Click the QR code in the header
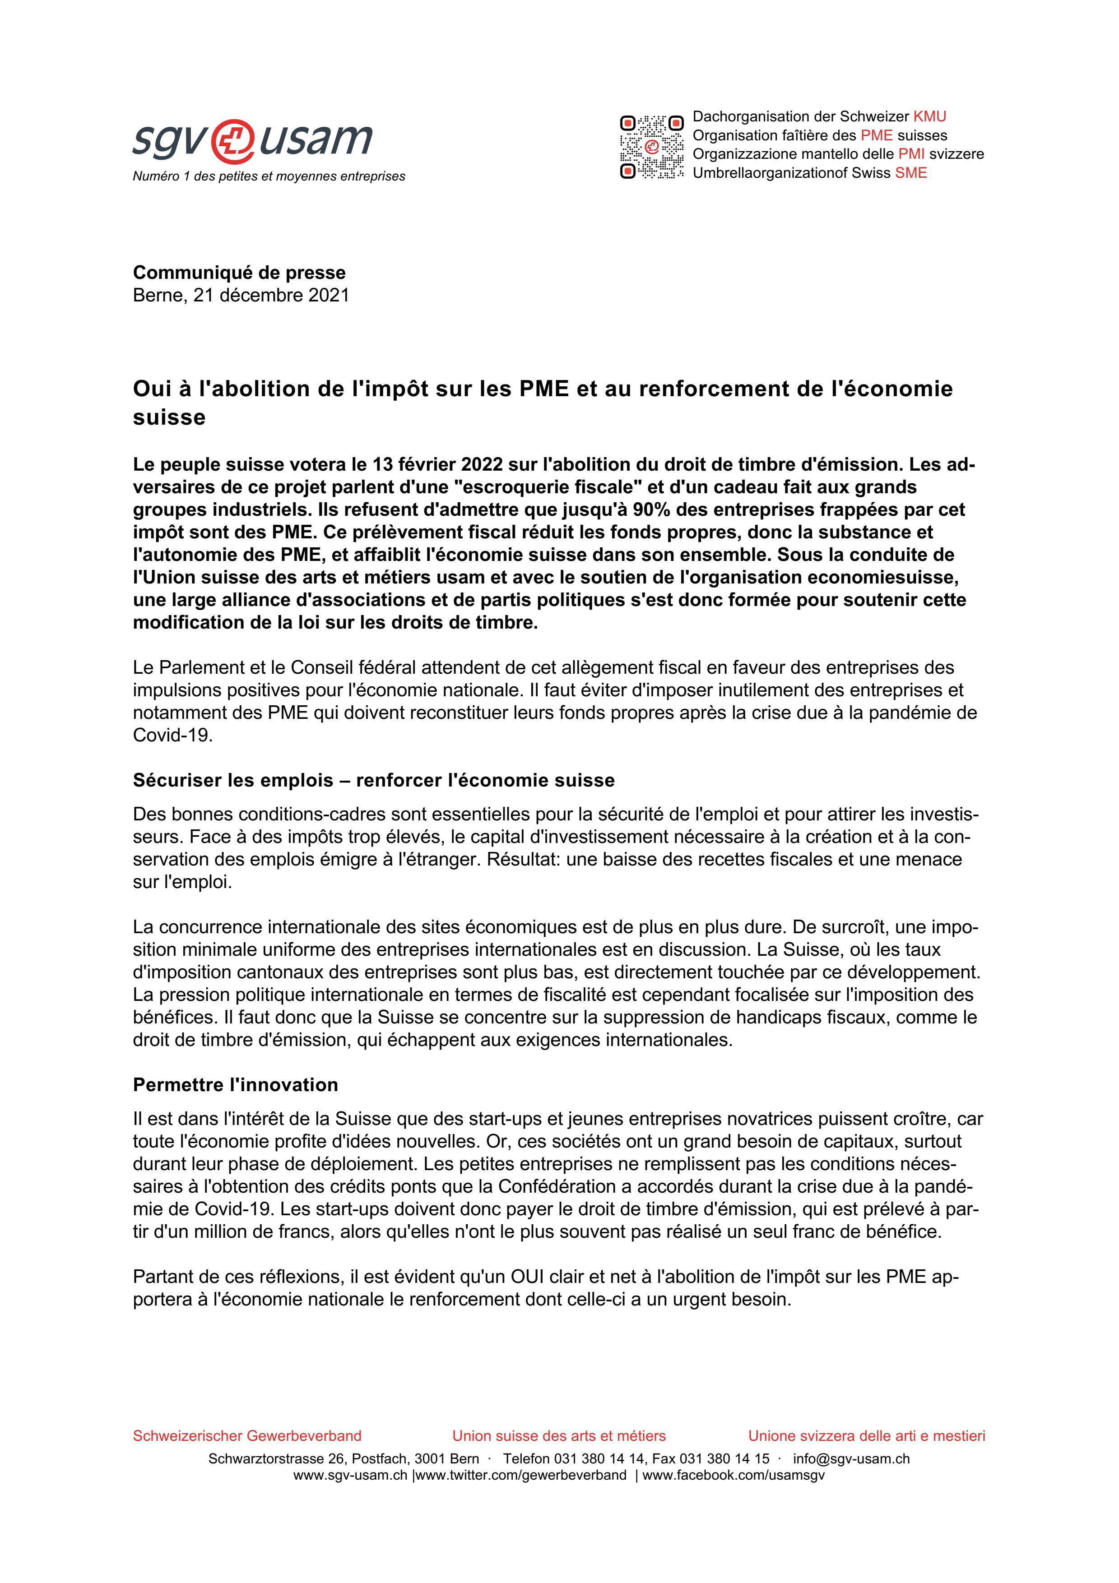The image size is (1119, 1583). (651, 147)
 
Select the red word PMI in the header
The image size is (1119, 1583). (911, 154)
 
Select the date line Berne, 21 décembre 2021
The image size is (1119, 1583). (241, 295)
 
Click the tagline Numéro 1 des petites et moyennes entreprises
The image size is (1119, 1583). (269, 176)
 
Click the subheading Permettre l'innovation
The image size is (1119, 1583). (235, 1084)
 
